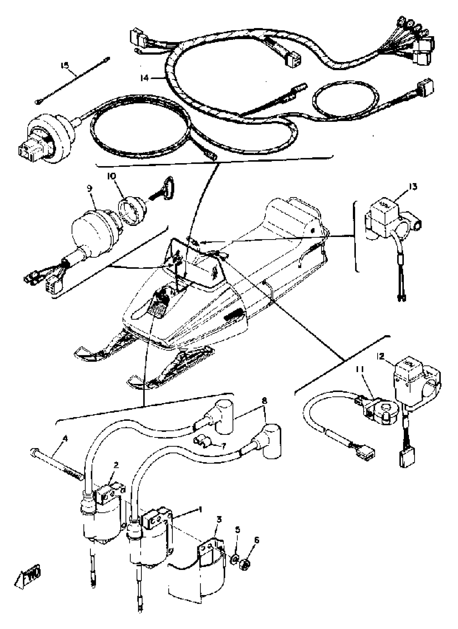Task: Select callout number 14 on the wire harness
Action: click(144, 78)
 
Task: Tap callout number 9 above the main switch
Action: click(89, 188)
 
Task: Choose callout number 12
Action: click(380, 356)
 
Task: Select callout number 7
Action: click(223, 446)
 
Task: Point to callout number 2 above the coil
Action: click(116, 465)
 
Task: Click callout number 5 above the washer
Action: click(237, 530)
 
